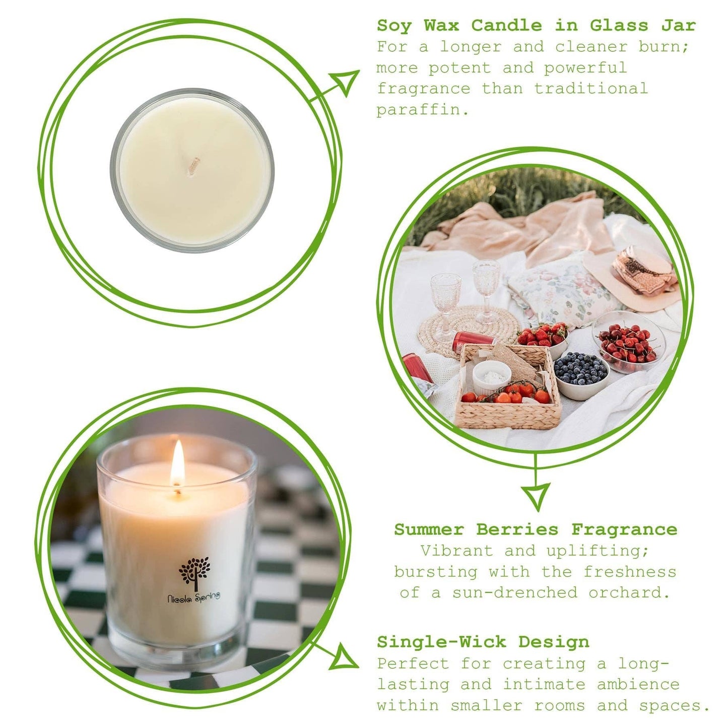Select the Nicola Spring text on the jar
click(x=194, y=597)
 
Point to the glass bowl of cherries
click(x=628, y=343)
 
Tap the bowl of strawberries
click(x=543, y=336)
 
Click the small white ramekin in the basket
click(x=491, y=376)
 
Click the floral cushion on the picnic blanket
click(x=559, y=290)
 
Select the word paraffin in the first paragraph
click(x=422, y=110)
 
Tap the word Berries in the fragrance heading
click(x=517, y=530)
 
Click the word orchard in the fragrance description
click(x=629, y=592)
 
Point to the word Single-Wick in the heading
click(x=441, y=642)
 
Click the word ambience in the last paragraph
click(x=638, y=684)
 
